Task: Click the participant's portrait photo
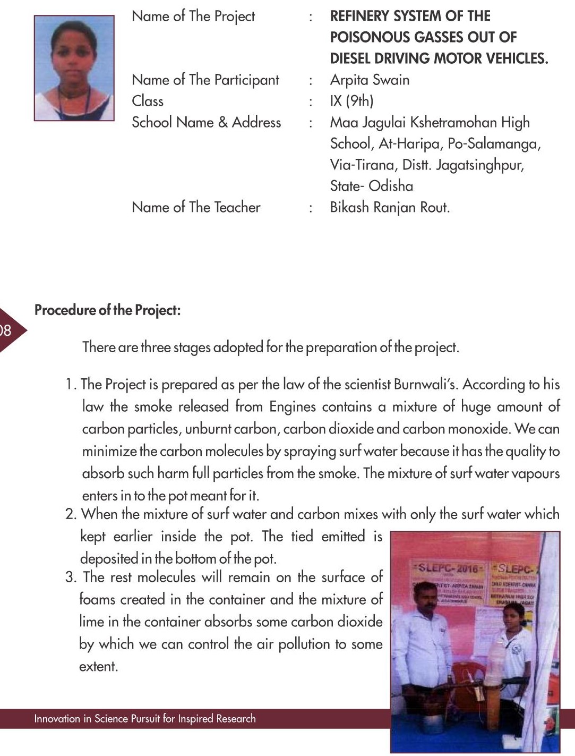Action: (74, 68)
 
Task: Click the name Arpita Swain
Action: (370, 80)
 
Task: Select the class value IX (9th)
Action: (351, 101)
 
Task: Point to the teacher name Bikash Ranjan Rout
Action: (390, 207)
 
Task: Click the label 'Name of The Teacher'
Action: (196, 207)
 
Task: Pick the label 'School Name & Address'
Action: (206, 122)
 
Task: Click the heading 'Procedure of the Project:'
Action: (107, 310)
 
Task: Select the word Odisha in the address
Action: (391, 186)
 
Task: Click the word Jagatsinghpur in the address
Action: (479, 165)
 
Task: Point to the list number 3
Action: (71, 577)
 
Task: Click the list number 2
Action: (71, 514)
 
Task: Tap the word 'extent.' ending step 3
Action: (98, 666)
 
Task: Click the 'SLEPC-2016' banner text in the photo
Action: (448, 568)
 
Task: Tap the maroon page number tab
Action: (10, 330)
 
